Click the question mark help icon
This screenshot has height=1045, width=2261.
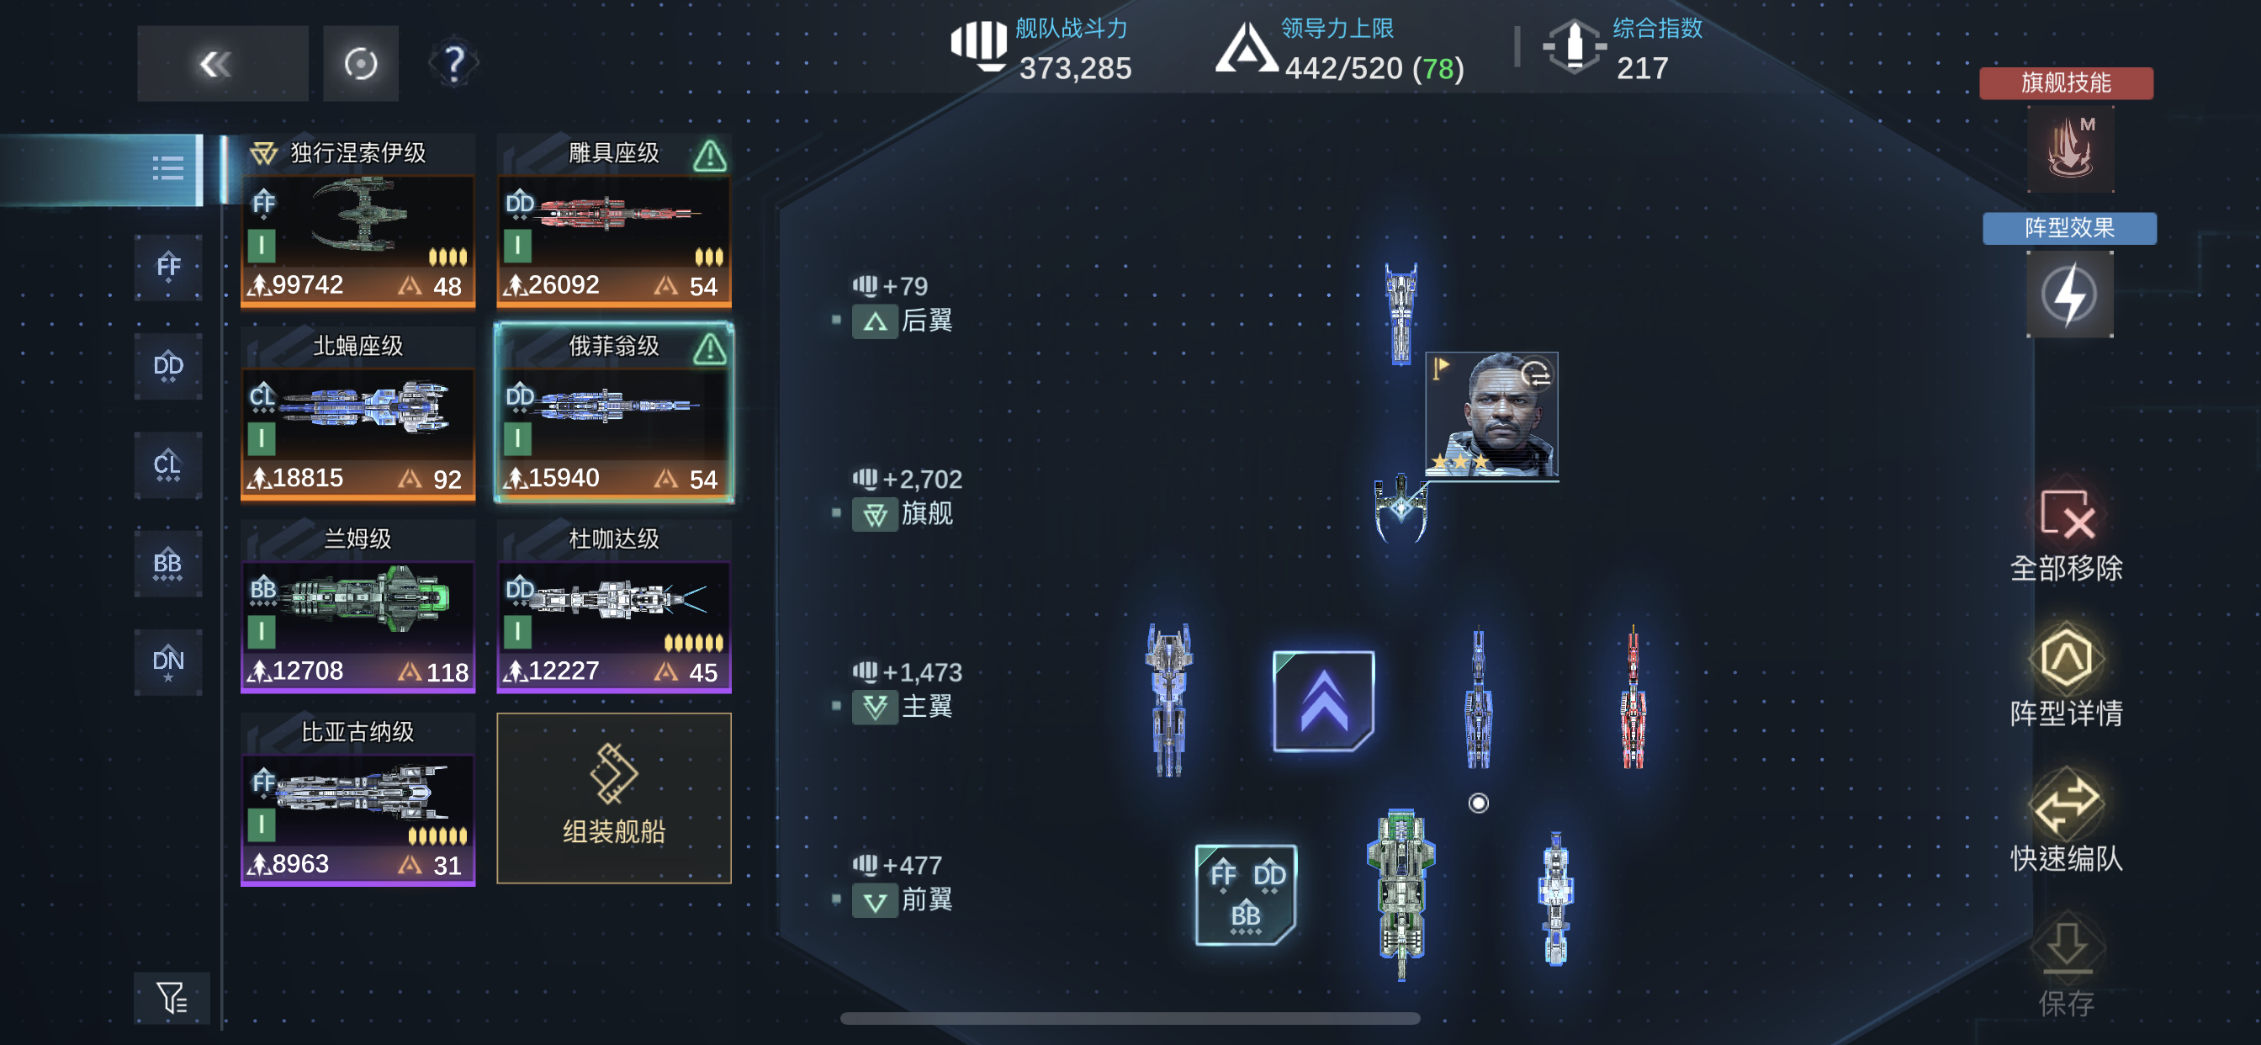[453, 63]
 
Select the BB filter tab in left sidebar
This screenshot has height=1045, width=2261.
[167, 564]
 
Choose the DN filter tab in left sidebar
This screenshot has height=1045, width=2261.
[167, 662]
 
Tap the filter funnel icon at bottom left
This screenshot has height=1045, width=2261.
[172, 998]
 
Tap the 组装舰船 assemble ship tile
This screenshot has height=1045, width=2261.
[613, 798]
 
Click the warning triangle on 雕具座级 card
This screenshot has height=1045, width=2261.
[709, 156]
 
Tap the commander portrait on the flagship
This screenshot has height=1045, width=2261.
[1492, 416]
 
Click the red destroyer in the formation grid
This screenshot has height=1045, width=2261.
[1633, 698]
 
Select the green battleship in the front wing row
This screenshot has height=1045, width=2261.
[1401, 894]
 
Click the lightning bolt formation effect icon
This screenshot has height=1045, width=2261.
[2070, 295]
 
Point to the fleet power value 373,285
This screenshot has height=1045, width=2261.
[1075, 68]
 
